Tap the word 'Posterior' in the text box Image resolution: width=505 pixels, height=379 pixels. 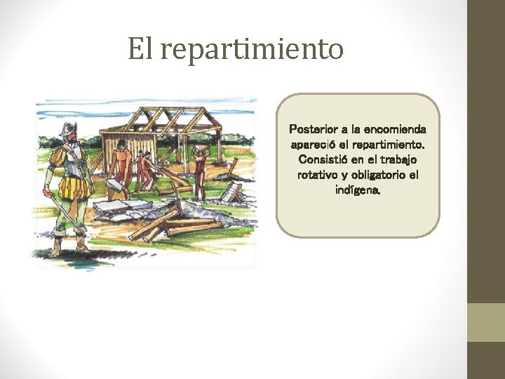313,130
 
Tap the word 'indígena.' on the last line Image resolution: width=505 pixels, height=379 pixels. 358,189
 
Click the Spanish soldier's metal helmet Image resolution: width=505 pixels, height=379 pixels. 67,131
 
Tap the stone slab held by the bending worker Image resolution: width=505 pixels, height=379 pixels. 113,183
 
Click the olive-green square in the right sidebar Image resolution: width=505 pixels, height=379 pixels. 486,322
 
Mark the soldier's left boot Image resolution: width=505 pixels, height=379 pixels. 82,242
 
